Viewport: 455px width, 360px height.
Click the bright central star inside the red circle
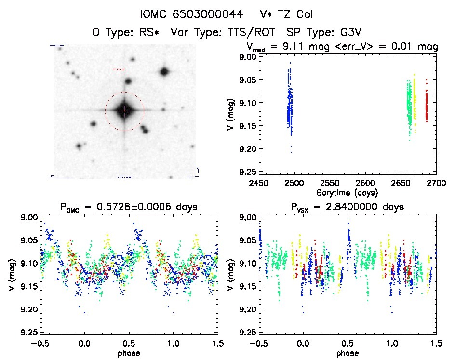[124, 111]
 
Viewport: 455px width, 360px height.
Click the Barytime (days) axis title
[347, 192]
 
